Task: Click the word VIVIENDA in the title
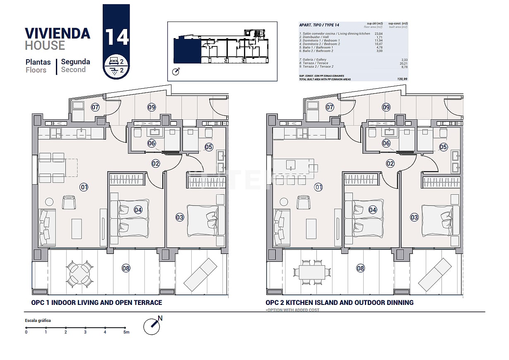point(58,33)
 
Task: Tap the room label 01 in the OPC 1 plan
point(84,187)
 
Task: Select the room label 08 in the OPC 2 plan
point(360,268)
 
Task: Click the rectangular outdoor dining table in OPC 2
point(314,272)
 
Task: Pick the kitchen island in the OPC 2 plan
point(293,165)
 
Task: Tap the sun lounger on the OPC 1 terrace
point(200,274)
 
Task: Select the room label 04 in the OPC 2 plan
point(373,210)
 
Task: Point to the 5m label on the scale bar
point(126,332)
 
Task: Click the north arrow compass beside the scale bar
point(152,326)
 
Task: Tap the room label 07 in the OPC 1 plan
point(95,107)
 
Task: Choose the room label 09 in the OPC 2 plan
point(386,107)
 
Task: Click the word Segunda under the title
point(75,62)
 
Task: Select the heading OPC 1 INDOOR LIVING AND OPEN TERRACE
point(96,302)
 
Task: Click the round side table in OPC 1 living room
point(49,202)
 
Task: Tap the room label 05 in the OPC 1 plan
point(208,147)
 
